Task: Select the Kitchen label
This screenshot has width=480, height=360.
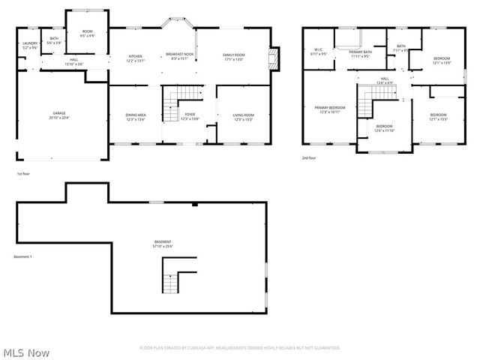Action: pos(136,58)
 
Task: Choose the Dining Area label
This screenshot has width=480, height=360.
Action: pos(136,116)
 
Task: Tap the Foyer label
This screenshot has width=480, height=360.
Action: pos(190,116)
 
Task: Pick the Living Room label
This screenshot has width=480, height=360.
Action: pos(244,116)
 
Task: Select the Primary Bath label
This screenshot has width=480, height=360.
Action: pos(360,53)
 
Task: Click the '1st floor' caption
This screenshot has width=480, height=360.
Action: pos(23,174)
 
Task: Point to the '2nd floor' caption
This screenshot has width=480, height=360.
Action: pos(308,158)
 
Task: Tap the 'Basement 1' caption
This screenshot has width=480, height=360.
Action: pos(23,257)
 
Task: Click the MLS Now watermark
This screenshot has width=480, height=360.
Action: pos(26,352)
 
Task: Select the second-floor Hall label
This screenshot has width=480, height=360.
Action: pos(384,79)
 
